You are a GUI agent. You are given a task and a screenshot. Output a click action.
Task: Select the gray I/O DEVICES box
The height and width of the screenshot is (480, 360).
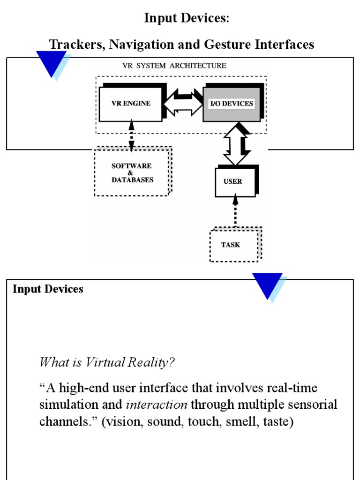point(232,104)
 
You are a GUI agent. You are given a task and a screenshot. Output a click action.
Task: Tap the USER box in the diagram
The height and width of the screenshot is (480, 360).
point(233,181)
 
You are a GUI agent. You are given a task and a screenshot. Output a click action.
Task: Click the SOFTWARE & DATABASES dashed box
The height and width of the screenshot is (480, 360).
point(131,172)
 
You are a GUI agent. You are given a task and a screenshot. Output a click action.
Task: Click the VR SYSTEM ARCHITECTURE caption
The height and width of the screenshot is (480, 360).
point(173,66)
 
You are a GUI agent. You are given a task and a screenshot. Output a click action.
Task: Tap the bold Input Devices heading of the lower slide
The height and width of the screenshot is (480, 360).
point(48,289)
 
